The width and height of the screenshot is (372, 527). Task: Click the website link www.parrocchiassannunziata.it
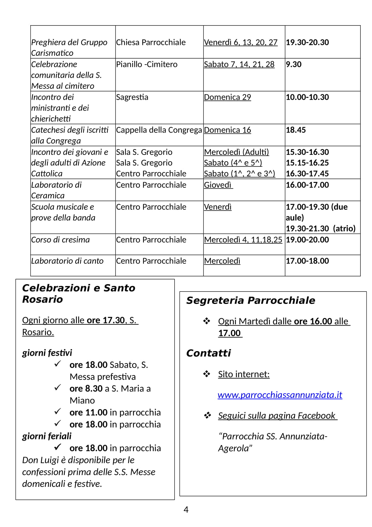click(279, 395)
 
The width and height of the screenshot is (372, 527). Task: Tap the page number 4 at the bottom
click(186, 510)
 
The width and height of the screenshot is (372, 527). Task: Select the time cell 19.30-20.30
click(307, 42)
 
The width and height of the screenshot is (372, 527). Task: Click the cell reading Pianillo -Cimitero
click(146, 64)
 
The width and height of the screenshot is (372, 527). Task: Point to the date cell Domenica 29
click(227, 97)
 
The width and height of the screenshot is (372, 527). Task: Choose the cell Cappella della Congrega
click(159, 130)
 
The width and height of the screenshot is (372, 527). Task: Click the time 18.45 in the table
click(296, 130)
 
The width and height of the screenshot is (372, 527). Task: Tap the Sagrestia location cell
click(132, 97)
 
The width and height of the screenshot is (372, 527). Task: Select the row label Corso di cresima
click(61, 240)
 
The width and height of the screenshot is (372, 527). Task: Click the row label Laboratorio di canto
click(67, 261)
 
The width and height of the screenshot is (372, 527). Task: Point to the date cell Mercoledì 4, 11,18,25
click(243, 240)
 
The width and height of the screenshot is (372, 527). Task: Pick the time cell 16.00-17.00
click(307, 185)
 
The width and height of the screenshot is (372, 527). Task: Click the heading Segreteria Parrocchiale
click(251, 300)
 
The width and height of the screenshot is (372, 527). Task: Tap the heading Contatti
click(208, 353)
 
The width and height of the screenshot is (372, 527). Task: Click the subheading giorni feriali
click(47, 436)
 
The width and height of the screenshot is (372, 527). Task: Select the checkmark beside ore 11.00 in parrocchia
click(58, 412)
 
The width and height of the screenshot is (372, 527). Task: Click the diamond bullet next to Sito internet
click(207, 374)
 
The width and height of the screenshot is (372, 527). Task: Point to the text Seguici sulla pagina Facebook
click(277, 416)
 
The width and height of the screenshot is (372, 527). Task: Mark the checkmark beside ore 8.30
click(58, 388)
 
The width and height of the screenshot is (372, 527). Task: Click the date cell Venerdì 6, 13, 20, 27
click(241, 42)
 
